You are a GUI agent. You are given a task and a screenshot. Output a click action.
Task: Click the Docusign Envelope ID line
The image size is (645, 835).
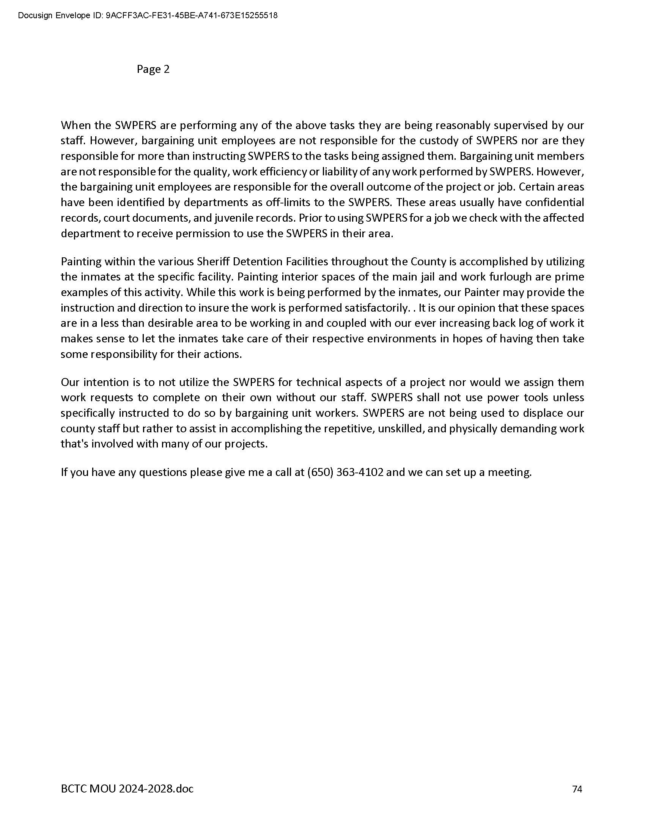point(148,16)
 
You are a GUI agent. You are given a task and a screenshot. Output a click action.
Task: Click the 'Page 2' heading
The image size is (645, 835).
point(153,69)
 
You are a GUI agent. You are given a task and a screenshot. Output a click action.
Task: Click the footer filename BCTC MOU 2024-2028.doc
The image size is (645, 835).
point(127,789)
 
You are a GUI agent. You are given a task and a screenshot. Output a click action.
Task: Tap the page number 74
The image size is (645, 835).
point(577,789)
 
